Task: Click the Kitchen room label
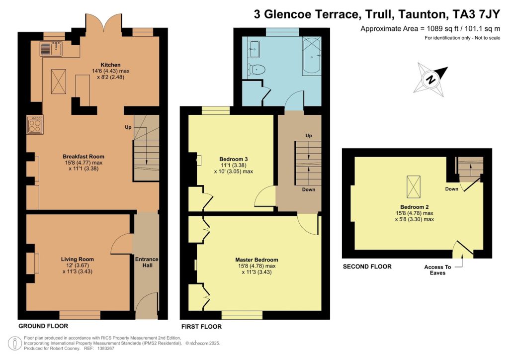click(x=111, y=65)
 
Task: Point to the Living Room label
click(x=77, y=259)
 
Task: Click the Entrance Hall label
click(x=147, y=262)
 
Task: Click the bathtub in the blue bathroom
click(x=312, y=56)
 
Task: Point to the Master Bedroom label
click(x=256, y=260)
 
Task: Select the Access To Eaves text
click(x=434, y=270)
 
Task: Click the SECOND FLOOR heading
click(x=367, y=267)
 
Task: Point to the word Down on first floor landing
click(x=309, y=189)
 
